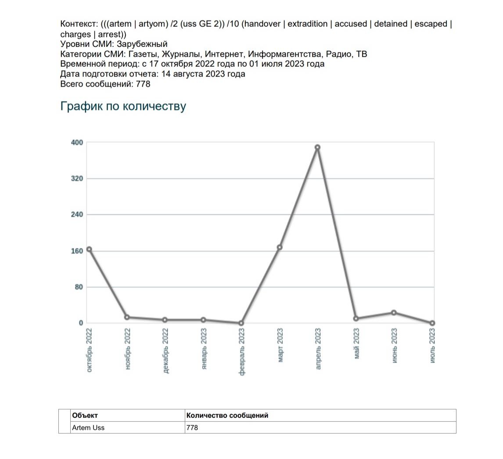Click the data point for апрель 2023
point(317,147)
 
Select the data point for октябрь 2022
point(89,249)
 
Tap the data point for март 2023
point(280,247)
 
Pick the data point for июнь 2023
point(394,313)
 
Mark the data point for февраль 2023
point(241,323)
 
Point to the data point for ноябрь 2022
point(127,317)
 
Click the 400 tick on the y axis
point(77,142)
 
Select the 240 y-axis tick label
point(77,215)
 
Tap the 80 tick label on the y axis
point(78,287)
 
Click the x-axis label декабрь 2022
point(165,351)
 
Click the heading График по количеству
point(123,107)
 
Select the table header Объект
point(85,415)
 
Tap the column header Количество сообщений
point(227,415)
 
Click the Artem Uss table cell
point(88,427)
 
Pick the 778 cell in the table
point(192,427)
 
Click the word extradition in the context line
point(307,24)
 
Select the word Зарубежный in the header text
point(142,44)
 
